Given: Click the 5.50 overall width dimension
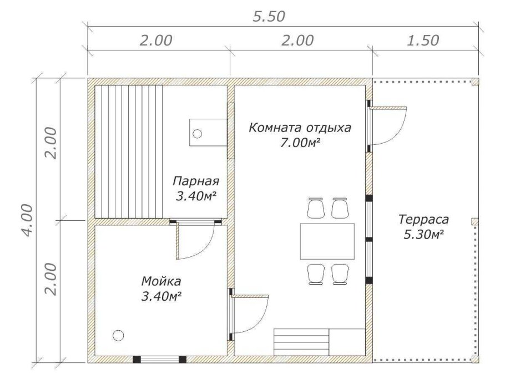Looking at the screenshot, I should coord(269,16).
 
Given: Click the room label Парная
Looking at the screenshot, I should coord(196,182).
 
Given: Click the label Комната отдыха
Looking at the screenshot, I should coord(300,128).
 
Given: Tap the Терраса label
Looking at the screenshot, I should coord(423,219).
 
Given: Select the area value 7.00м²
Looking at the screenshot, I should coord(300,143).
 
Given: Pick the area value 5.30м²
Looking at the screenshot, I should coord(423,235).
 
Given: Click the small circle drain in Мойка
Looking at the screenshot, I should coord(118,335).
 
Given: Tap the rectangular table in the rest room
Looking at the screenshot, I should coord(327,241).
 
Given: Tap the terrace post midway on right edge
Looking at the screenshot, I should coord(474,221).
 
